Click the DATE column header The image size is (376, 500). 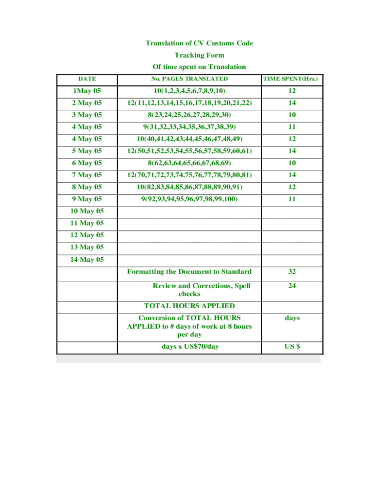(87, 79)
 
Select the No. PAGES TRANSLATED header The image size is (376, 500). (189, 79)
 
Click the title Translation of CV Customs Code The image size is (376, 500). (199, 43)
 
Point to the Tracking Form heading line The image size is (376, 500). (199, 55)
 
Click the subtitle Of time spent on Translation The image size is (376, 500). (199, 67)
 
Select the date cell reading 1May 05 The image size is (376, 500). (87, 91)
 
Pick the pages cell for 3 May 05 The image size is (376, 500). (189, 115)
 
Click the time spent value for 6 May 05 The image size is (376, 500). (292, 163)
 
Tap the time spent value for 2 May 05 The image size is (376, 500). (292, 103)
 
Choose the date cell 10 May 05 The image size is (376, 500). (87, 211)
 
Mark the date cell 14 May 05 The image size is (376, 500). (87, 260)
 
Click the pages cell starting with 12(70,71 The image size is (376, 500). (189, 175)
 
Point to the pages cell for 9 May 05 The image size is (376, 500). (189, 199)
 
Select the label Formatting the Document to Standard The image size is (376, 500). (189, 272)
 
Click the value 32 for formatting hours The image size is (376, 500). (292, 272)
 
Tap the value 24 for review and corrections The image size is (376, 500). (292, 286)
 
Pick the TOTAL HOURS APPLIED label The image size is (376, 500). (189, 306)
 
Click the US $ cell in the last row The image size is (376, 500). (292, 347)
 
